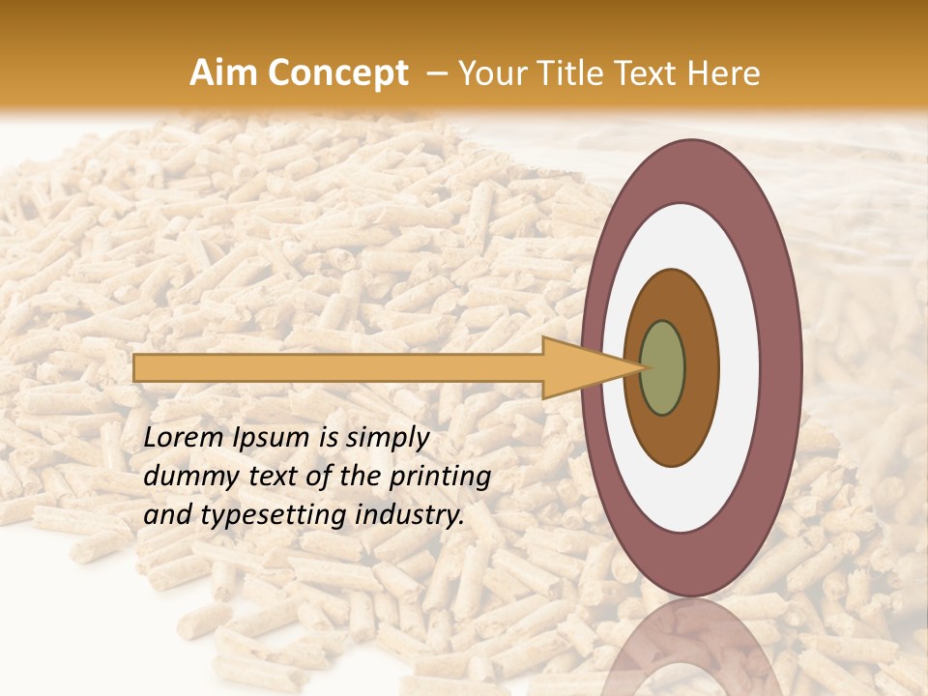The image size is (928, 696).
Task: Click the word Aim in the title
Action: coord(223,73)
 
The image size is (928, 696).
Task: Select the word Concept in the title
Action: coord(336,73)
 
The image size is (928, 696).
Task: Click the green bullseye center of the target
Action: coord(663,368)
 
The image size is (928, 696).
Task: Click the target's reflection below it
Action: coord(691,648)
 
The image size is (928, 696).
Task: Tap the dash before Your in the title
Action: coord(436,73)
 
